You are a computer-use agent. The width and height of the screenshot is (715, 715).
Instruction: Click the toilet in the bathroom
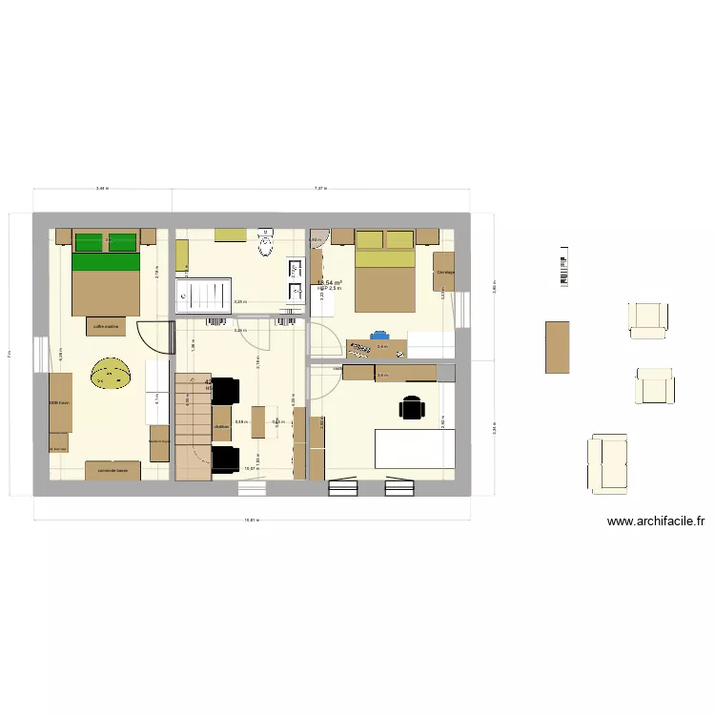coord(265,246)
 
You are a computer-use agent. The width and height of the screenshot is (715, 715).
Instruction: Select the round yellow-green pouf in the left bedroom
coord(112,374)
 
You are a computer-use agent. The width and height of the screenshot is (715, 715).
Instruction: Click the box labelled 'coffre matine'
coord(106,326)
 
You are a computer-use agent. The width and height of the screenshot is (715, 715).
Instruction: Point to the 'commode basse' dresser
coord(112,470)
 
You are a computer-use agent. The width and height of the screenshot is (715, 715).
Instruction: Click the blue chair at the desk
coord(379,336)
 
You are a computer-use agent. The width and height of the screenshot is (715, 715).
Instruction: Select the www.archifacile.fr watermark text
coord(656,521)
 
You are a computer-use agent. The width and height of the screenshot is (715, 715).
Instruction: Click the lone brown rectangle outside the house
coord(557,346)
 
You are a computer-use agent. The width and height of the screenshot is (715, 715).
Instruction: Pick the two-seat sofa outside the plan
coord(607,462)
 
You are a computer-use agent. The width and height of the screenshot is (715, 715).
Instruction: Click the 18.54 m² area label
coord(329,283)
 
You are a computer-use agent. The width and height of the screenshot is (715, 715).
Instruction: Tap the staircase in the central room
coord(193,424)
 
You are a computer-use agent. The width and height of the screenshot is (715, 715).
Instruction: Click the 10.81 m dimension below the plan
coord(252,521)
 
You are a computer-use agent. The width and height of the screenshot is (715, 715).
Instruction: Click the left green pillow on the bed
coord(89,241)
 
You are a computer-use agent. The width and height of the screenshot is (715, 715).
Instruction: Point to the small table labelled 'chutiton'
coord(222,424)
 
